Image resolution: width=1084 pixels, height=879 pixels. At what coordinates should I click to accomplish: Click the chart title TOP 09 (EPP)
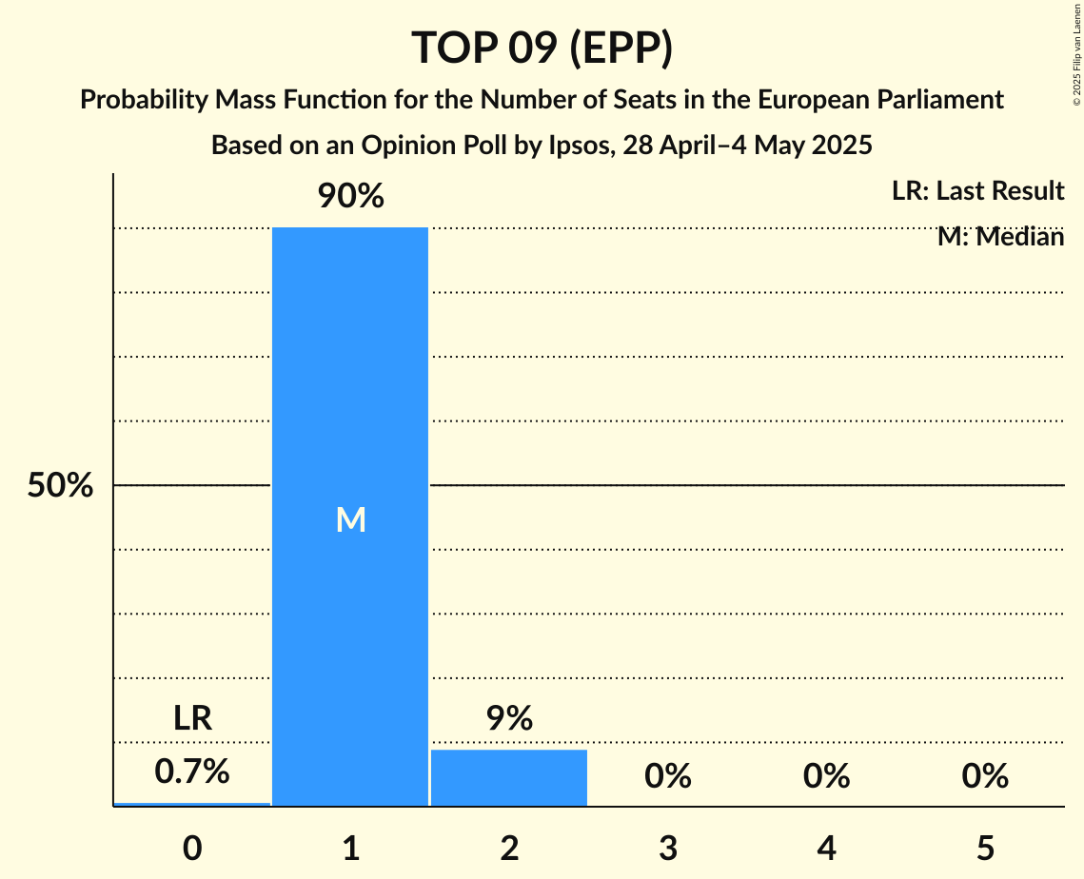click(542, 48)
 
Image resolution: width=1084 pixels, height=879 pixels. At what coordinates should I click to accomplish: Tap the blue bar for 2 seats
click(509, 777)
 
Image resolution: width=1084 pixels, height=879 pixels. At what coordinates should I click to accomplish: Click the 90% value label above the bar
click(350, 197)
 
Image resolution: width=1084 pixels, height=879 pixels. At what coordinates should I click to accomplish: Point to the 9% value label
click(509, 718)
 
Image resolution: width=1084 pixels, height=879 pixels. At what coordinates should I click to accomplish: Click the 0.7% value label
click(192, 772)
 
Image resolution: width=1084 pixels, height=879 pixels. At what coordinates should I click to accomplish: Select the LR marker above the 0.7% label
click(192, 718)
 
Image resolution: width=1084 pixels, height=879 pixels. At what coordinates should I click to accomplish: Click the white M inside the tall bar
click(350, 519)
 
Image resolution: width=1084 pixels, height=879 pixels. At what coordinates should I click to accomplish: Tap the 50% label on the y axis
click(60, 486)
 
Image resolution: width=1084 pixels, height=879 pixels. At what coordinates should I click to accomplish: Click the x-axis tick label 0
click(192, 848)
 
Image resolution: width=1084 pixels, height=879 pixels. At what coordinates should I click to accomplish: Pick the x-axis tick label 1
click(350, 848)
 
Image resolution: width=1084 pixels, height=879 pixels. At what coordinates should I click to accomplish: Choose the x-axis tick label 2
click(509, 848)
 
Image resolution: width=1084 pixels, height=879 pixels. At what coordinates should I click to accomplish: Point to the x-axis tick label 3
click(668, 848)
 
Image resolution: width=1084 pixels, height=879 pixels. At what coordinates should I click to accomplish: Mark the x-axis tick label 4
click(826, 848)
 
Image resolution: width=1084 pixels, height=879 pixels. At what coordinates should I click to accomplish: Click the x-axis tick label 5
click(985, 848)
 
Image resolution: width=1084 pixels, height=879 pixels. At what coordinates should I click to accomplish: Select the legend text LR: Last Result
click(977, 191)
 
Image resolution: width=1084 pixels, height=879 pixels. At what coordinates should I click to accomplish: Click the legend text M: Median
click(1000, 237)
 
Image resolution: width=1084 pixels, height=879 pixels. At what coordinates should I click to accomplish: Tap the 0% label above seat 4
click(826, 777)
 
